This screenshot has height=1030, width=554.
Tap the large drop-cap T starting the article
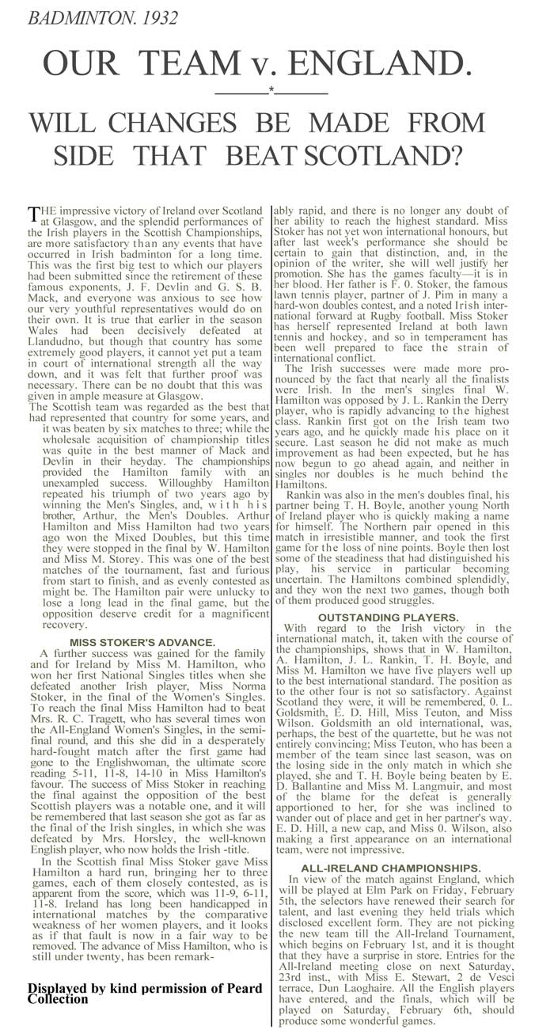[x=33, y=215]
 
